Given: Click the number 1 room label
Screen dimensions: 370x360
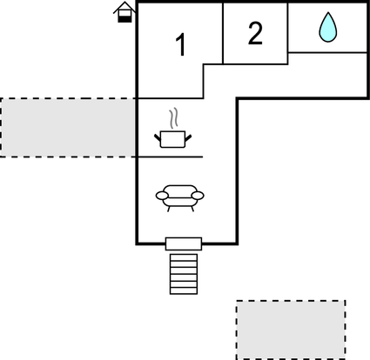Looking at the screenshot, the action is (x=181, y=44).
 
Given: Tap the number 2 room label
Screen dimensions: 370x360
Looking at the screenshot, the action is (x=255, y=33).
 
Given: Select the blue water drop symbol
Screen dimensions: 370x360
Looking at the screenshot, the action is (x=328, y=27).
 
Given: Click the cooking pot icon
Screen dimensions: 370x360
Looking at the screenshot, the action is (x=172, y=139).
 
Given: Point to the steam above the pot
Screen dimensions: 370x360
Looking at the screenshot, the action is (x=173, y=118).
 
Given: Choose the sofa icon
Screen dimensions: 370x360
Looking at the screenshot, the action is (x=180, y=198).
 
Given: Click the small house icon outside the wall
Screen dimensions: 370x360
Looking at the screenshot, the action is (x=124, y=12).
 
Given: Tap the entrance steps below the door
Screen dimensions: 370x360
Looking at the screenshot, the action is (x=184, y=274).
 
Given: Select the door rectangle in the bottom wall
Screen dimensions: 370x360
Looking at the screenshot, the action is (x=184, y=243).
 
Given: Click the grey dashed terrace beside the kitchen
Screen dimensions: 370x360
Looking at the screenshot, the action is (x=68, y=128).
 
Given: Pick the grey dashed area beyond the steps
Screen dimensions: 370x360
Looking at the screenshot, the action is (x=291, y=330).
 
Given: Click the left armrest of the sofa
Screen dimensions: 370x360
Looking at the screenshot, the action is (x=162, y=196).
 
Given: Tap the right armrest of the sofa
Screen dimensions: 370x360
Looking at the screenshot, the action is (x=198, y=196).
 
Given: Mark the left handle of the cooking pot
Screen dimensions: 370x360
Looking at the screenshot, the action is (x=158, y=137).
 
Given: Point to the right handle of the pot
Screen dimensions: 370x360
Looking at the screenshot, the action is (x=188, y=138).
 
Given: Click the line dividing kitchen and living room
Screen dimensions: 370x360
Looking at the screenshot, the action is (x=170, y=157).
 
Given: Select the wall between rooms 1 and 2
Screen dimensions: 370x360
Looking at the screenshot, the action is (x=223, y=33).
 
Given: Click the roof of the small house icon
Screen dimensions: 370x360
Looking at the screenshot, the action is (x=124, y=7).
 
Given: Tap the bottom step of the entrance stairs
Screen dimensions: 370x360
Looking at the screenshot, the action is (x=184, y=291).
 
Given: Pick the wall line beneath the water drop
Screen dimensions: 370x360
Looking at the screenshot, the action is (x=328, y=52).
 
